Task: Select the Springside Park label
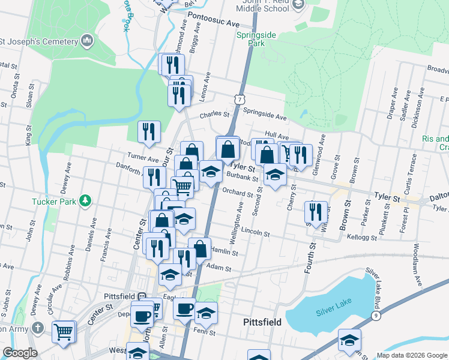tap(256, 40)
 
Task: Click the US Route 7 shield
tap(240, 97)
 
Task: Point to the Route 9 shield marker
tap(376, 315)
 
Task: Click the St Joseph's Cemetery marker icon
tap(88, 41)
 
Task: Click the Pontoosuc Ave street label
tap(213, 20)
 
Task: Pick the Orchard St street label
tap(238, 193)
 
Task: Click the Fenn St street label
tap(203, 329)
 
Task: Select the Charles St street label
tap(214, 114)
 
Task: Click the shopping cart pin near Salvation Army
tap(64, 331)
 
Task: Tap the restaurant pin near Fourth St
tap(316, 211)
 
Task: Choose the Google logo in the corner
tap(19, 353)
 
